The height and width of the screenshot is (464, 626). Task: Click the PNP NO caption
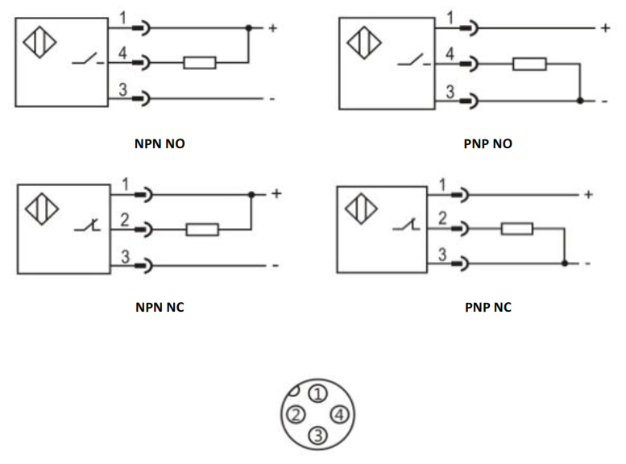click(x=488, y=144)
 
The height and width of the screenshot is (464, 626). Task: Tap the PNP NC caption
click(x=487, y=307)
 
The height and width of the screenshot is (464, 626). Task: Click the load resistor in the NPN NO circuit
click(x=199, y=62)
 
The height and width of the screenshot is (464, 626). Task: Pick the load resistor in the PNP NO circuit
click(x=529, y=64)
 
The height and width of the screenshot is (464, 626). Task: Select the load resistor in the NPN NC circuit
click(x=202, y=230)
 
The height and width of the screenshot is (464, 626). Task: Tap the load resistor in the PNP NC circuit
click(x=516, y=229)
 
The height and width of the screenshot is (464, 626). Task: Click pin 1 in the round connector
click(x=318, y=394)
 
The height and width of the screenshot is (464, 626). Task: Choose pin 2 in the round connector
click(x=296, y=415)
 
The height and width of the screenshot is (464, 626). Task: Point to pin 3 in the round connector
click(x=317, y=436)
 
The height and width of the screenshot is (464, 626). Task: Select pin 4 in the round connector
click(x=339, y=415)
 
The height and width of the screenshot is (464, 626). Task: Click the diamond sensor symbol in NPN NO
click(x=39, y=42)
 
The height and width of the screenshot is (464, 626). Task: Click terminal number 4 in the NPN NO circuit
click(x=122, y=53)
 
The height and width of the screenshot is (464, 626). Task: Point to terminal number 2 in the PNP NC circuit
click(x=442, y=219)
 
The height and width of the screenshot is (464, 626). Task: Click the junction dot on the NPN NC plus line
click(x=251, y=195)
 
